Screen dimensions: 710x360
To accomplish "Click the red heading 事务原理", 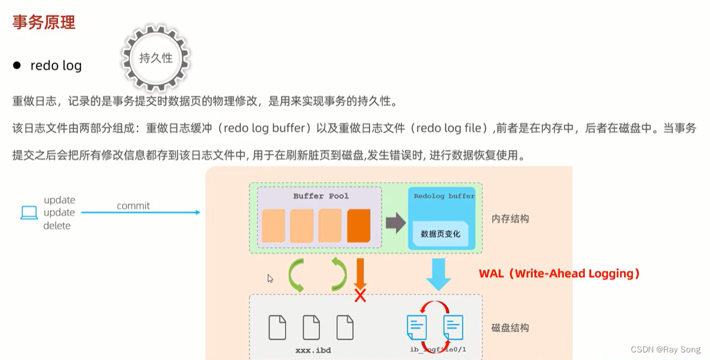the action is [x=44, y=23].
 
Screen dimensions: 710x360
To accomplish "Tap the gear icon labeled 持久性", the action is [x=156, y=58].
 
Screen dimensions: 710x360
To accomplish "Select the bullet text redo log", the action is [x=56, y=65].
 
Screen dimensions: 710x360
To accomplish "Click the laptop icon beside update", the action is [x=29, y=213].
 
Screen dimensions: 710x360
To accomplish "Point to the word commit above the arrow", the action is [x=133, y=206].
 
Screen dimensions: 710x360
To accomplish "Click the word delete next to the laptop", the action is [x=57, y=226].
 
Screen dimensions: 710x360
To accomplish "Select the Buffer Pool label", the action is [x=321, y=196].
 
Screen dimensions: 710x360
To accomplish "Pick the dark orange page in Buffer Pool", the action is [x=359, y=226].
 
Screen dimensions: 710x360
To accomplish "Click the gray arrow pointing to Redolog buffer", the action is [x=395, y=223].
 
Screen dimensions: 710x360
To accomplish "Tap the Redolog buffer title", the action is [x=444, y=196].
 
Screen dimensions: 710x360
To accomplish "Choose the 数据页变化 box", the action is [x=440, y=234].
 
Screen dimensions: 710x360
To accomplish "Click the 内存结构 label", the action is [x=510, y=219].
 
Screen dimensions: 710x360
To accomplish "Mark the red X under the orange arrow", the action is [x=360, y=295].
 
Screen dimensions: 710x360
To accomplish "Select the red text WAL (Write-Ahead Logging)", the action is [x=559, y=273].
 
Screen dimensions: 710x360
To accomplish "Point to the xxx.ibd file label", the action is [x=313, y=350].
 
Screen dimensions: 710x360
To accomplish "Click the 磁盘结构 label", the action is [x=510, y=328].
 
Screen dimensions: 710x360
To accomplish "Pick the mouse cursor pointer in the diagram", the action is [x=270, y=278].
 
